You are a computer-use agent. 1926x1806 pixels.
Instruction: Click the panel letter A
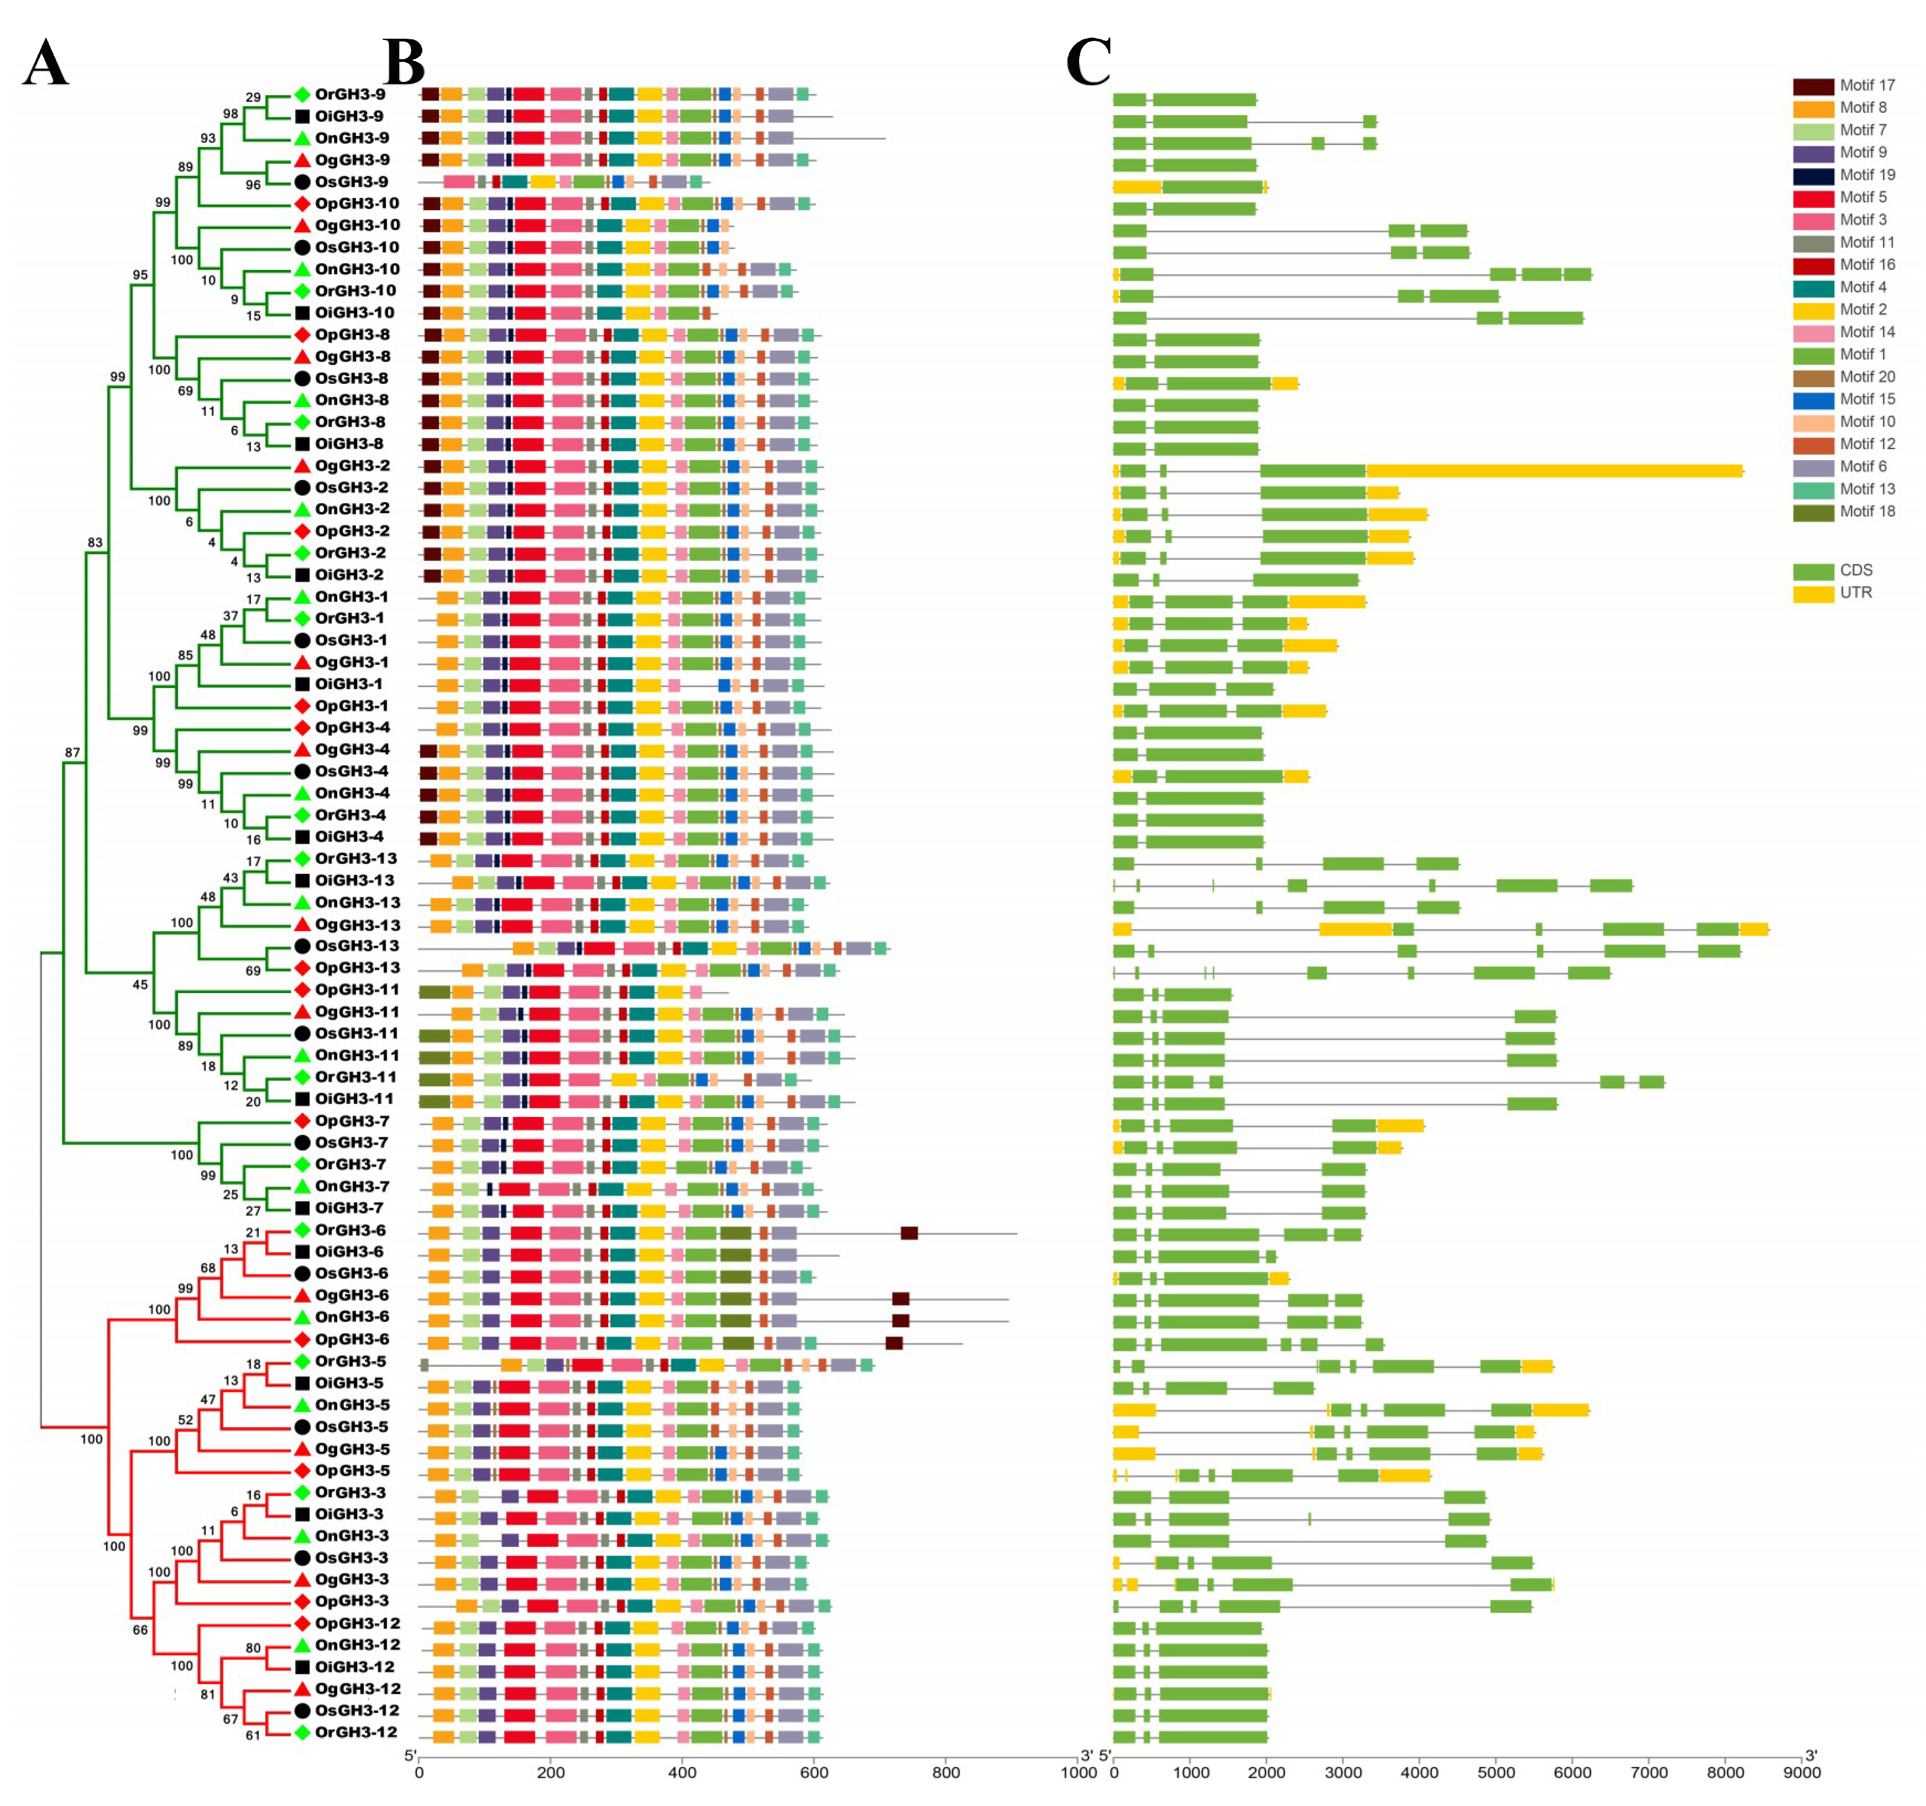click(45, 64)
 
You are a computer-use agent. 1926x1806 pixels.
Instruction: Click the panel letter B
click(404, 64)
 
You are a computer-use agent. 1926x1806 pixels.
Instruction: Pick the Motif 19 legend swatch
click(1813, 175)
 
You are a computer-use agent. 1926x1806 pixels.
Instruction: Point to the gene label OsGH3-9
click(350, 182)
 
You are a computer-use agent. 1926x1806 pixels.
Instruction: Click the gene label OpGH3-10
click(355, 203)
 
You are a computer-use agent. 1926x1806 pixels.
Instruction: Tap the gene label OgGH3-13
click(357, 925)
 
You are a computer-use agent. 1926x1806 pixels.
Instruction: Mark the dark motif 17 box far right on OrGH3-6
click(909, 1233)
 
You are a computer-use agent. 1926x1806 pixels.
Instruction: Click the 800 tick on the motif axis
click(945, 1773)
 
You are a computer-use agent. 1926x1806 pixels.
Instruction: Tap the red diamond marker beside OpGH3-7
click(302, 1121)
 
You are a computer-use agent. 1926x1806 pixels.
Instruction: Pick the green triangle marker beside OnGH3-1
click(302, 597)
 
